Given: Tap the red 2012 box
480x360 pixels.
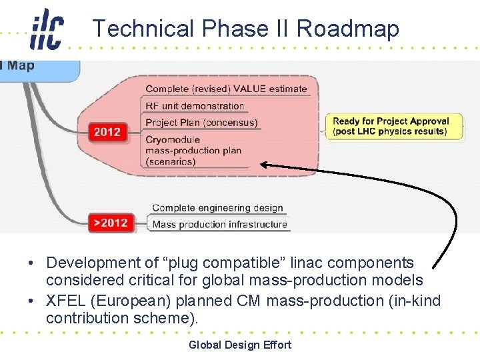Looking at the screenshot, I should tap(107, 131).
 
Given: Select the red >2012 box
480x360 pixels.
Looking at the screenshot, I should tap(110, 222).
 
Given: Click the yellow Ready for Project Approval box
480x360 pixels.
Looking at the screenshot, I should tap(391, 126).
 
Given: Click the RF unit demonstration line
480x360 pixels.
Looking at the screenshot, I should tap(195, 106).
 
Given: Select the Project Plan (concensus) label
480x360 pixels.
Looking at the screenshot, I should tap(201, 123).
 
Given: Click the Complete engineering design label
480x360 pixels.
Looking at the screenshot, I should tap(218, 208).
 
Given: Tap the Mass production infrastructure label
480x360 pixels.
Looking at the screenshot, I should tap(219, 225).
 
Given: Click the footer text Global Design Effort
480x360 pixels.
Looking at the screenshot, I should tap(240, 345).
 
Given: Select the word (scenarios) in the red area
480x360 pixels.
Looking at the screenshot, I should tap(170, 161).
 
